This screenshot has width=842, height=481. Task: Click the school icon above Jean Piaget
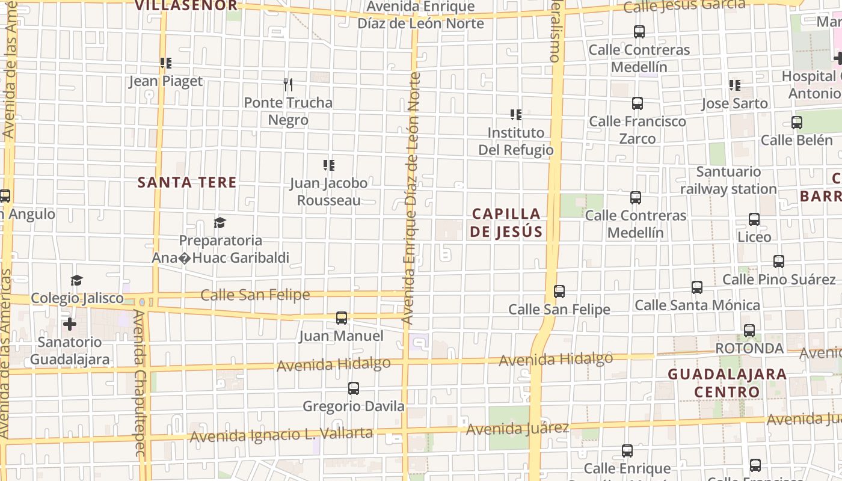(166, 63)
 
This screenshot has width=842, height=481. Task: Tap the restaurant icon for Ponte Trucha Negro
(288, 85)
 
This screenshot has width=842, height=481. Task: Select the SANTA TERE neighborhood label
(187, 182)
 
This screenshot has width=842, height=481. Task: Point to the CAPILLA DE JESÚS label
(506, 222)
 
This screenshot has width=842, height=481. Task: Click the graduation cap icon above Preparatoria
(220, 223)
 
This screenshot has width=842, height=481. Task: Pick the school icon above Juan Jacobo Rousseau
(329, 165)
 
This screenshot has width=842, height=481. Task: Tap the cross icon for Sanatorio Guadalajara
(70, 324)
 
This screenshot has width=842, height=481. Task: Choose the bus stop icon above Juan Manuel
(342, 317)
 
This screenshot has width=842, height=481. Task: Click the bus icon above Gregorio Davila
(354, 388)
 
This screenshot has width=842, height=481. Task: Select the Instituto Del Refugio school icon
(515, 114)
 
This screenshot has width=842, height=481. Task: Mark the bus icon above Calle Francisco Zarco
(638, 103)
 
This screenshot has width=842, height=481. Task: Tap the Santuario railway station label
(728, 180)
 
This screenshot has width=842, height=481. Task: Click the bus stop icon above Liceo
(754, 219)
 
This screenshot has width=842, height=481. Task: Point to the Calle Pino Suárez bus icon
(779, 262)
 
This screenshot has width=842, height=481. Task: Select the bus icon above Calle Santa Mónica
(697, 287)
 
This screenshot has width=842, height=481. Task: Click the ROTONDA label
(749, 348)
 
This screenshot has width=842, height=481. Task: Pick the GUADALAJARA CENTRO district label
(727, 383)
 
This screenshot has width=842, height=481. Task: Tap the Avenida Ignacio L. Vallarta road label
(281, 435)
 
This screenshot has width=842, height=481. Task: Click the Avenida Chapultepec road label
(140, 385)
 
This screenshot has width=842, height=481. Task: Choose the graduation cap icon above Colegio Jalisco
(76, 280)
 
